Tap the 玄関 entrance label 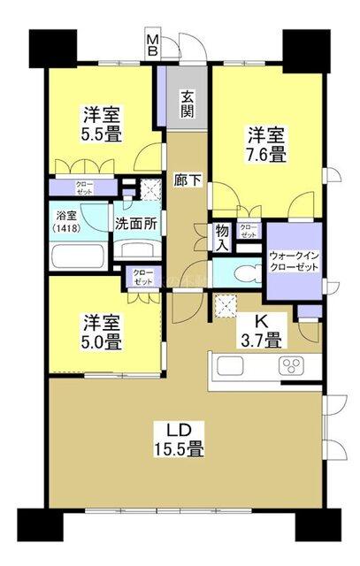tap(188, 103)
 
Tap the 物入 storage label tap(222, 237)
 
